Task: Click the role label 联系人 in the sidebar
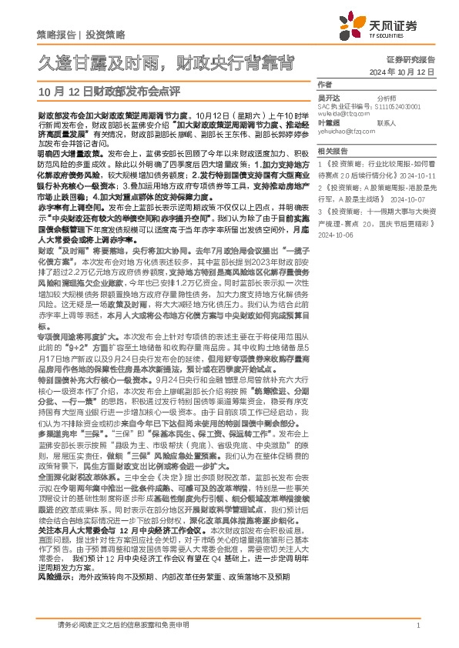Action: (x=387, y=122)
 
